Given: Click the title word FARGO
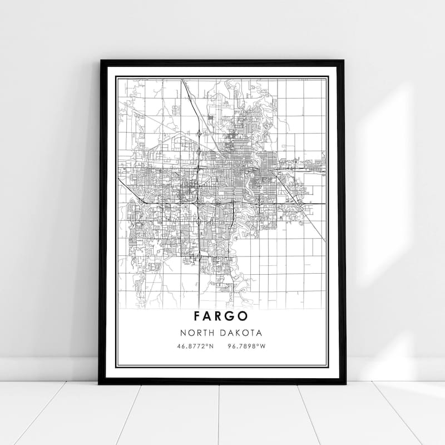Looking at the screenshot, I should tap(221, 317).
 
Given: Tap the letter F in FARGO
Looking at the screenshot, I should tap(197, 317).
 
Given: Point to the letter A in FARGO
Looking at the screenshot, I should tap(209, 317).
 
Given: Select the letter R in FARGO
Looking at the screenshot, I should tap(221, 317).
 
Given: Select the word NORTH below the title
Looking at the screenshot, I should tap(197, 333).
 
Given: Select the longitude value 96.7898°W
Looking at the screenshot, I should tap(245, 346).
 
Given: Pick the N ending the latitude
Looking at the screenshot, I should tap(211, 346).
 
